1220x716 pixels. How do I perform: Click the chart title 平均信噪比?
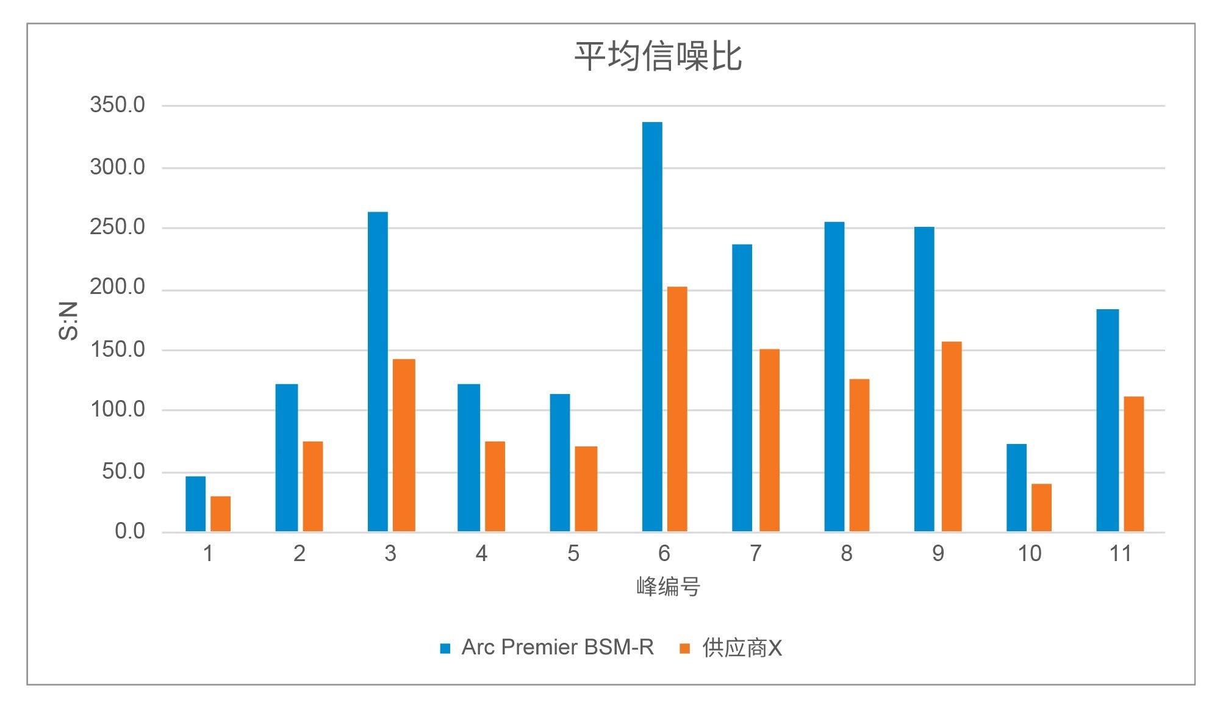[658, 57]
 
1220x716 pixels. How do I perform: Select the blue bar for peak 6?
[652, 327]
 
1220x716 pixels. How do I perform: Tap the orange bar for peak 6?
[677, 409]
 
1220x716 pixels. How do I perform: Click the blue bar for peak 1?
[195, 504]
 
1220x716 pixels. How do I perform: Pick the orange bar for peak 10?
[1041, 507]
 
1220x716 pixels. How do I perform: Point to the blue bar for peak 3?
[378, 372]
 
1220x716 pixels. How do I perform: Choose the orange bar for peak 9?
[952, 437]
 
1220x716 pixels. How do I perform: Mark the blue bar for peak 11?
[1107, 420]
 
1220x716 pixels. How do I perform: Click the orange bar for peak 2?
[313, 487]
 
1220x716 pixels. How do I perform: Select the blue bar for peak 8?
[834, 377]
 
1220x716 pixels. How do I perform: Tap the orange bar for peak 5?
[586, 489]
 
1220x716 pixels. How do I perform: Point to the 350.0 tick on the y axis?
[118, 105]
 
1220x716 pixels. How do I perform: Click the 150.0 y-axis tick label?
[118, 349]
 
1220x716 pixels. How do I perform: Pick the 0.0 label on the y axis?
[130, 531]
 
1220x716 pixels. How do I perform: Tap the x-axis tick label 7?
[755, 554]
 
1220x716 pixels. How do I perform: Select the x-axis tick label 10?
[1029, 554]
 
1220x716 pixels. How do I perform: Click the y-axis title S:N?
[68, 320]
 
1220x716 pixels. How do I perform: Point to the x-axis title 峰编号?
[668, 587]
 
